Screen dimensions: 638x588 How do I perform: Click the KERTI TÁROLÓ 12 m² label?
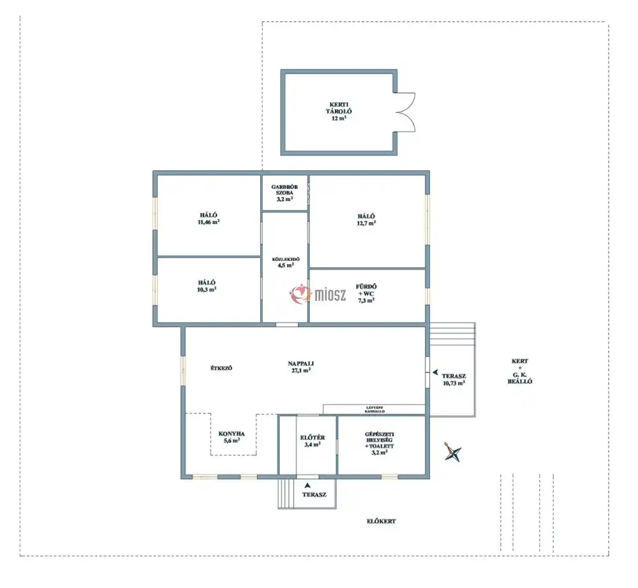coord(339,112)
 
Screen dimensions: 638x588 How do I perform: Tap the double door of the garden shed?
coord(405,112)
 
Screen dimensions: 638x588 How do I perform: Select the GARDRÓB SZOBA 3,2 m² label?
coord(285,193)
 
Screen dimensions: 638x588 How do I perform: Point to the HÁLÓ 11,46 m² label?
coord(209,218)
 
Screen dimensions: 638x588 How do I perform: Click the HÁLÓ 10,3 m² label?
coord(207,286)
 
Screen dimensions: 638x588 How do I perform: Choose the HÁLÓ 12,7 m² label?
coord(366,219)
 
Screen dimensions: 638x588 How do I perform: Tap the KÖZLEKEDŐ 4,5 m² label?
coord(286,262)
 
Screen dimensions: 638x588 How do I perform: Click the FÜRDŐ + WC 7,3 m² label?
coord(366,293)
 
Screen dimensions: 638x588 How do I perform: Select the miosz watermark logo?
coord(318,293)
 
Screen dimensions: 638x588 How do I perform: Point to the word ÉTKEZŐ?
coord(221,368)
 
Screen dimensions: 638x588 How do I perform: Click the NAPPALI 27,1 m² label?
coord(300,367)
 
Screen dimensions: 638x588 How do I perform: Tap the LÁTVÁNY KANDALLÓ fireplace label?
coord(375,409)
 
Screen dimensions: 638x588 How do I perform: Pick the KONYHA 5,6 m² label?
coord(232,437)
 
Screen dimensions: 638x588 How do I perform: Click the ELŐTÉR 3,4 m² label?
coord(313,441)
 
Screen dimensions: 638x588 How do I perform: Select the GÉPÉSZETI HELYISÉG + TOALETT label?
coord(379,443)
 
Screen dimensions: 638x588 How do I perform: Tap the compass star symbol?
coord(452,452)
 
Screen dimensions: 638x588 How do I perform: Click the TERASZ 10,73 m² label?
coord(454,379)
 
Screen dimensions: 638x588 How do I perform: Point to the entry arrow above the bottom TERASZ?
coord(308,485)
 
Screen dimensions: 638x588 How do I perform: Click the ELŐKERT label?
coord(382,521)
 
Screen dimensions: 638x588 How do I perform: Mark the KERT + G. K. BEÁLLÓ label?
coord(519,371)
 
